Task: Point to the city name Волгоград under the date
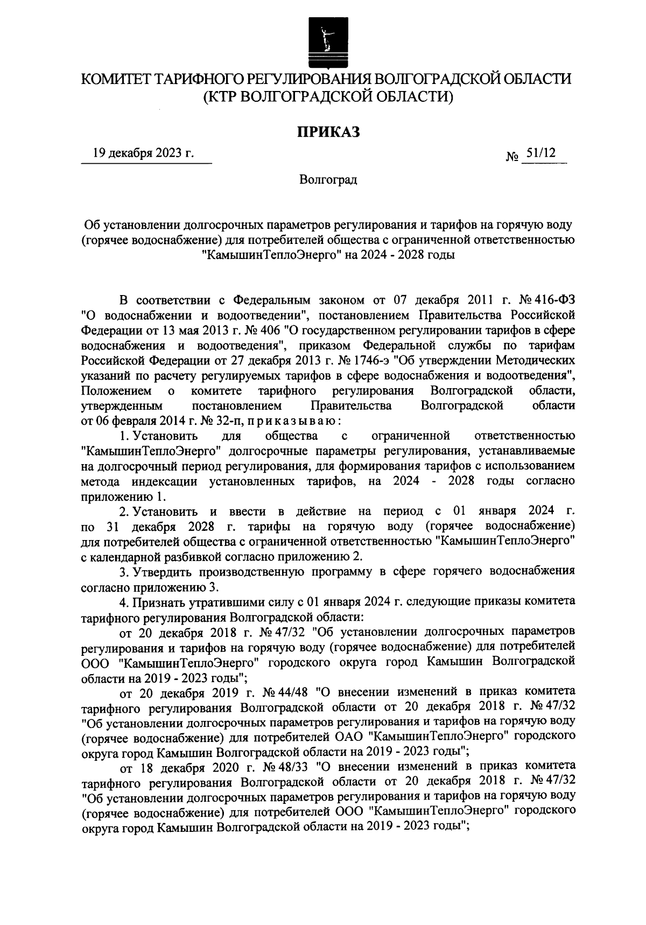coord(328,180)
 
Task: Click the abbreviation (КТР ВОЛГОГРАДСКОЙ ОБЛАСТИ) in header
coord(328,97)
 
